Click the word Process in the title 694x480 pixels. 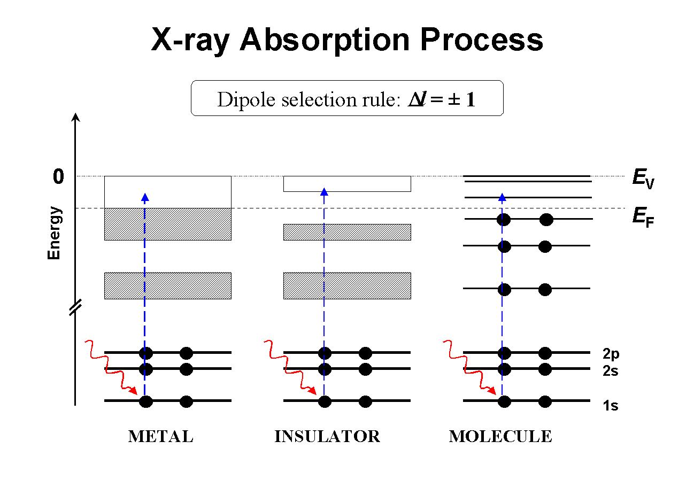click(x=481, y=40)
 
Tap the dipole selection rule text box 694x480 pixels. click(x=347, y=98)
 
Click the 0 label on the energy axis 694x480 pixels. click(x=58, y=176)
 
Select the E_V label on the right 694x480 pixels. click(x=643, y=179)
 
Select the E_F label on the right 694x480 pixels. click(x=643, y=217)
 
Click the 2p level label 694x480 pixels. click(x=611, y=354)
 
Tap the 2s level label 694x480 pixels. click(x=611, y=370)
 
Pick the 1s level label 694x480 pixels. click(x=611, y=405)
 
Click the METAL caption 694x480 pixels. click(x=161, y=436)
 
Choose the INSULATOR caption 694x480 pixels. click(x=327, y=436)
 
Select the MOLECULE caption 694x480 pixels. click(x=500, y=436)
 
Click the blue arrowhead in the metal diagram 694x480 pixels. click(x=145, y=197)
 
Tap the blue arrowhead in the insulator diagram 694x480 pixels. click(x=324, y=192)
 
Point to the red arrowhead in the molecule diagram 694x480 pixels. click(x=492, y=391)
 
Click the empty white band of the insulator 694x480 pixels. click(x=347, y=184)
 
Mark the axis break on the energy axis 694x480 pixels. click(x=75, y=307)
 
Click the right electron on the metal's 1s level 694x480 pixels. click(x=186, y=401)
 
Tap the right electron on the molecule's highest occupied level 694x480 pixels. click(x=546, y=220)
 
